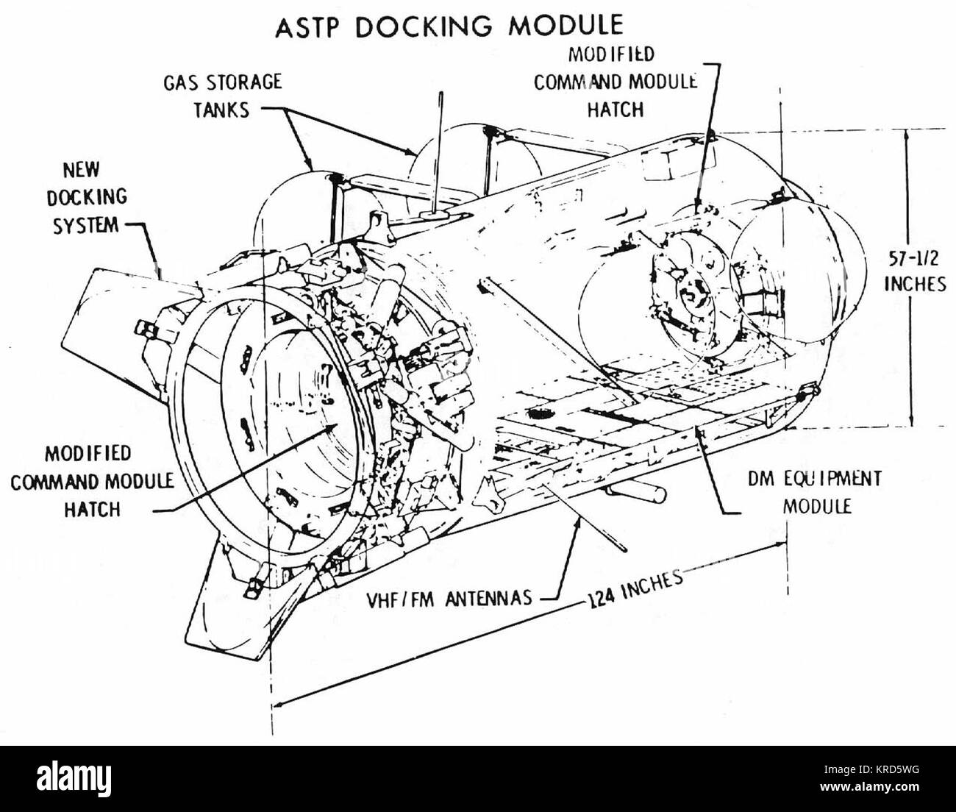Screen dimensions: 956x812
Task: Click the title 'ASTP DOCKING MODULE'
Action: point(449,26)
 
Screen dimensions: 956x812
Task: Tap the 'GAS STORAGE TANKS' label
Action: point(222,96)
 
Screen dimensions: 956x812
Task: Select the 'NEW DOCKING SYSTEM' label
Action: point(87,198)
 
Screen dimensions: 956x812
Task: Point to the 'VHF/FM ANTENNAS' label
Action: point(449,599)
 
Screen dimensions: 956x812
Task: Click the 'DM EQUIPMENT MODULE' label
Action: point(816,492)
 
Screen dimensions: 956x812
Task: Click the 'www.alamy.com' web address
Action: point(871,786)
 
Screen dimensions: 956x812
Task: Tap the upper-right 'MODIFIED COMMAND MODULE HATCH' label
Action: point(615,82)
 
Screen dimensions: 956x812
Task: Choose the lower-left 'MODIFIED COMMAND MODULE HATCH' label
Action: point(92,482)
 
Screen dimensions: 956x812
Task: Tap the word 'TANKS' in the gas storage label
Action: point(221,110)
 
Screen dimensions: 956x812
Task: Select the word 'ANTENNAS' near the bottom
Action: point(489,599)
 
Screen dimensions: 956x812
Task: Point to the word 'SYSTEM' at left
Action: point(86,226)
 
